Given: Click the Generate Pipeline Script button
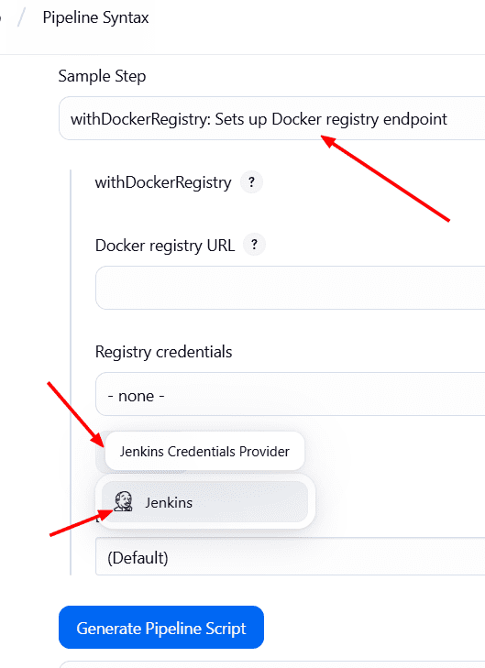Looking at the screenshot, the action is (x=161, y=627).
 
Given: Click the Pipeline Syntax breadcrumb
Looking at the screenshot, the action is (x=95, y=18).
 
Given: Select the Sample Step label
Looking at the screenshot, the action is (x=102, y=76).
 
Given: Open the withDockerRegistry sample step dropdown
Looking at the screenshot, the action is (x=272, y=118).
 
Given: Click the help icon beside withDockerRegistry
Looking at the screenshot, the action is (x=251, y=182).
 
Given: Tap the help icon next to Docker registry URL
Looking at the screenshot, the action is (x=254, y=245).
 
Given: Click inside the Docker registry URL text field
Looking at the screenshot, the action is (x=291, y=288).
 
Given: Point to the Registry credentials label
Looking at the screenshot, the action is (x=164, y=352).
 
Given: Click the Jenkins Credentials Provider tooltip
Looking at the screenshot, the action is (x=204, y=451).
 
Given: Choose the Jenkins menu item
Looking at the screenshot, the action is (x=204, y=502).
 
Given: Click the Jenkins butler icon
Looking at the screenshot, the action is (x=123, y=501).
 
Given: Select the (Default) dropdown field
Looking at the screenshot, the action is (x=291, y=556).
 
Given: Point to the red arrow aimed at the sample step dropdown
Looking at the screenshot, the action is (x=385, y=178).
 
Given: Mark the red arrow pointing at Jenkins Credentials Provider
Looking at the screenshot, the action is (x=75, y=414).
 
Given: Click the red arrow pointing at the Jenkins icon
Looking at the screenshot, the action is (x=82, y=522).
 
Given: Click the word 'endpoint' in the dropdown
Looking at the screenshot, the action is (x=415, y=119).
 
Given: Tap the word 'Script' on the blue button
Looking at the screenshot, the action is (x=226, y=629).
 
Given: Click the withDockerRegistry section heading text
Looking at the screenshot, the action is (x=163, y=182).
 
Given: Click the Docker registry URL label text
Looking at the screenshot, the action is (x=165, y=246).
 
